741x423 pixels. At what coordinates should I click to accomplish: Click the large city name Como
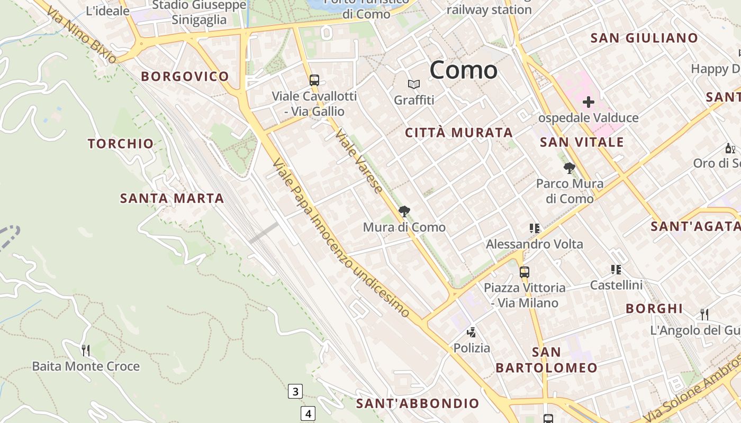[x=464, y=70]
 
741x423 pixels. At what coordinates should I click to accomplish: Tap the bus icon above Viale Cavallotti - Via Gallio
[x=314, y=80]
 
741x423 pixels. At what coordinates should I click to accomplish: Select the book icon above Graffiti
[x=414, y=84]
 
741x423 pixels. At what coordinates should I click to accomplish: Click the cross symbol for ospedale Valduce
[x=588, y=102]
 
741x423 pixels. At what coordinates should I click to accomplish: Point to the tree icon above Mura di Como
[x=404, y=212]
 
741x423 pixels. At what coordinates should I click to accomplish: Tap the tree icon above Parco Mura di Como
[x=570, y=168]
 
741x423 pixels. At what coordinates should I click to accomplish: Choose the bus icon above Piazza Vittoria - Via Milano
[x=524, y=272]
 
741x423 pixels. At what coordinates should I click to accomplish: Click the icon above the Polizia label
[x=471, y=332]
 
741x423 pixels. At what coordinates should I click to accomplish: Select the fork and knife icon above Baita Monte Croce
[x=86, y=350]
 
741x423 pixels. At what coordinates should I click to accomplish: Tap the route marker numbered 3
[x=295, y=392]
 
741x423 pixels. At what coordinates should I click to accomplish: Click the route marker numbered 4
[x=308, y=413]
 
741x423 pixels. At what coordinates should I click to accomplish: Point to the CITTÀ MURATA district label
[x=459, y=133]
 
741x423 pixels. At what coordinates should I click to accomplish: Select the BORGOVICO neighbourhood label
[x=185, y=77]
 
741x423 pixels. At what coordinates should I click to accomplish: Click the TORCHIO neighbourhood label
[x=121, y=144]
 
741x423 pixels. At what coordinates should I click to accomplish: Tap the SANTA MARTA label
[x=172, y=199]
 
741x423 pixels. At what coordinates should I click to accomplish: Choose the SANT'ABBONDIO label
[x=418, y=403]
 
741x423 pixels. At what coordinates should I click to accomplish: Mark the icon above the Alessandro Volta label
[x=535, y=228]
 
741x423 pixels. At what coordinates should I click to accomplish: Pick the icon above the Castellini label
[x=616, y=270]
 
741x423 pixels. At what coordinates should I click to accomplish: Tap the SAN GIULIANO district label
[x=644, y=38]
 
